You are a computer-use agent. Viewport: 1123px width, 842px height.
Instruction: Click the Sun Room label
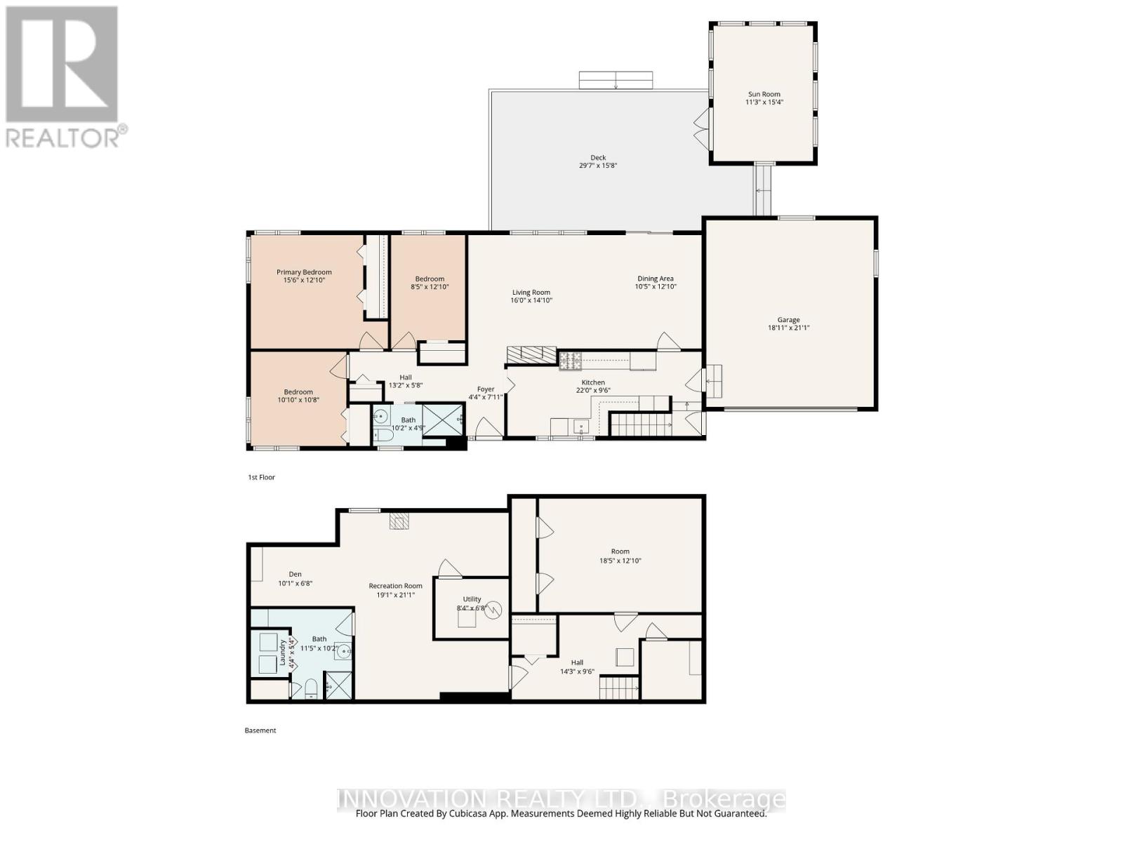tap(764, 94)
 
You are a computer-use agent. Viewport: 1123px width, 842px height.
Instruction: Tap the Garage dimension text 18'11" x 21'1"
tap(788, 328)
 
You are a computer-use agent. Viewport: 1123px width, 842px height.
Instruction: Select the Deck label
tap(597, 158)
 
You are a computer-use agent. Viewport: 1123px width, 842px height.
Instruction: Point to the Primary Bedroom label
tap(304, 272)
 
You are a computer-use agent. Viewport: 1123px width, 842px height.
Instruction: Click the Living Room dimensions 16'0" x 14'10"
tap(531, 300)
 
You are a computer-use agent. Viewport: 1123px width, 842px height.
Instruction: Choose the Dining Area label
tap(655, 279)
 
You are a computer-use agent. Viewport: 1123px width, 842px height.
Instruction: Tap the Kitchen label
tap(593, 382)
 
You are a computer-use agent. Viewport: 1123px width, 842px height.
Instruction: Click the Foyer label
tap(486, 389)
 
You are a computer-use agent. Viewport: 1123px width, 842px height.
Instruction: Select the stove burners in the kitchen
tap(570, 361)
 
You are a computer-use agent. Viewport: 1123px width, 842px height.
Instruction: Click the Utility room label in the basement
tap(472, 600)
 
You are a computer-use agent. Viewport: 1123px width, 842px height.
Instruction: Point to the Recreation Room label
tap(396, 586)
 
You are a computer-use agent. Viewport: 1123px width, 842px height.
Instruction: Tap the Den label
tap(295, 574)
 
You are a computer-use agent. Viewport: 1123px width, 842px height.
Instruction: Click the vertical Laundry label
tap(283, 653)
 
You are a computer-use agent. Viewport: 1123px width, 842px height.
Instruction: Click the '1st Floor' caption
tap(261, 477)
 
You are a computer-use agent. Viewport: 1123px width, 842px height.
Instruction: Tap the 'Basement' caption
tap(260, 730)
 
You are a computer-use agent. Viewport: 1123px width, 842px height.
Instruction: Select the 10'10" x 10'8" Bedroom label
tap(298, 392)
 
